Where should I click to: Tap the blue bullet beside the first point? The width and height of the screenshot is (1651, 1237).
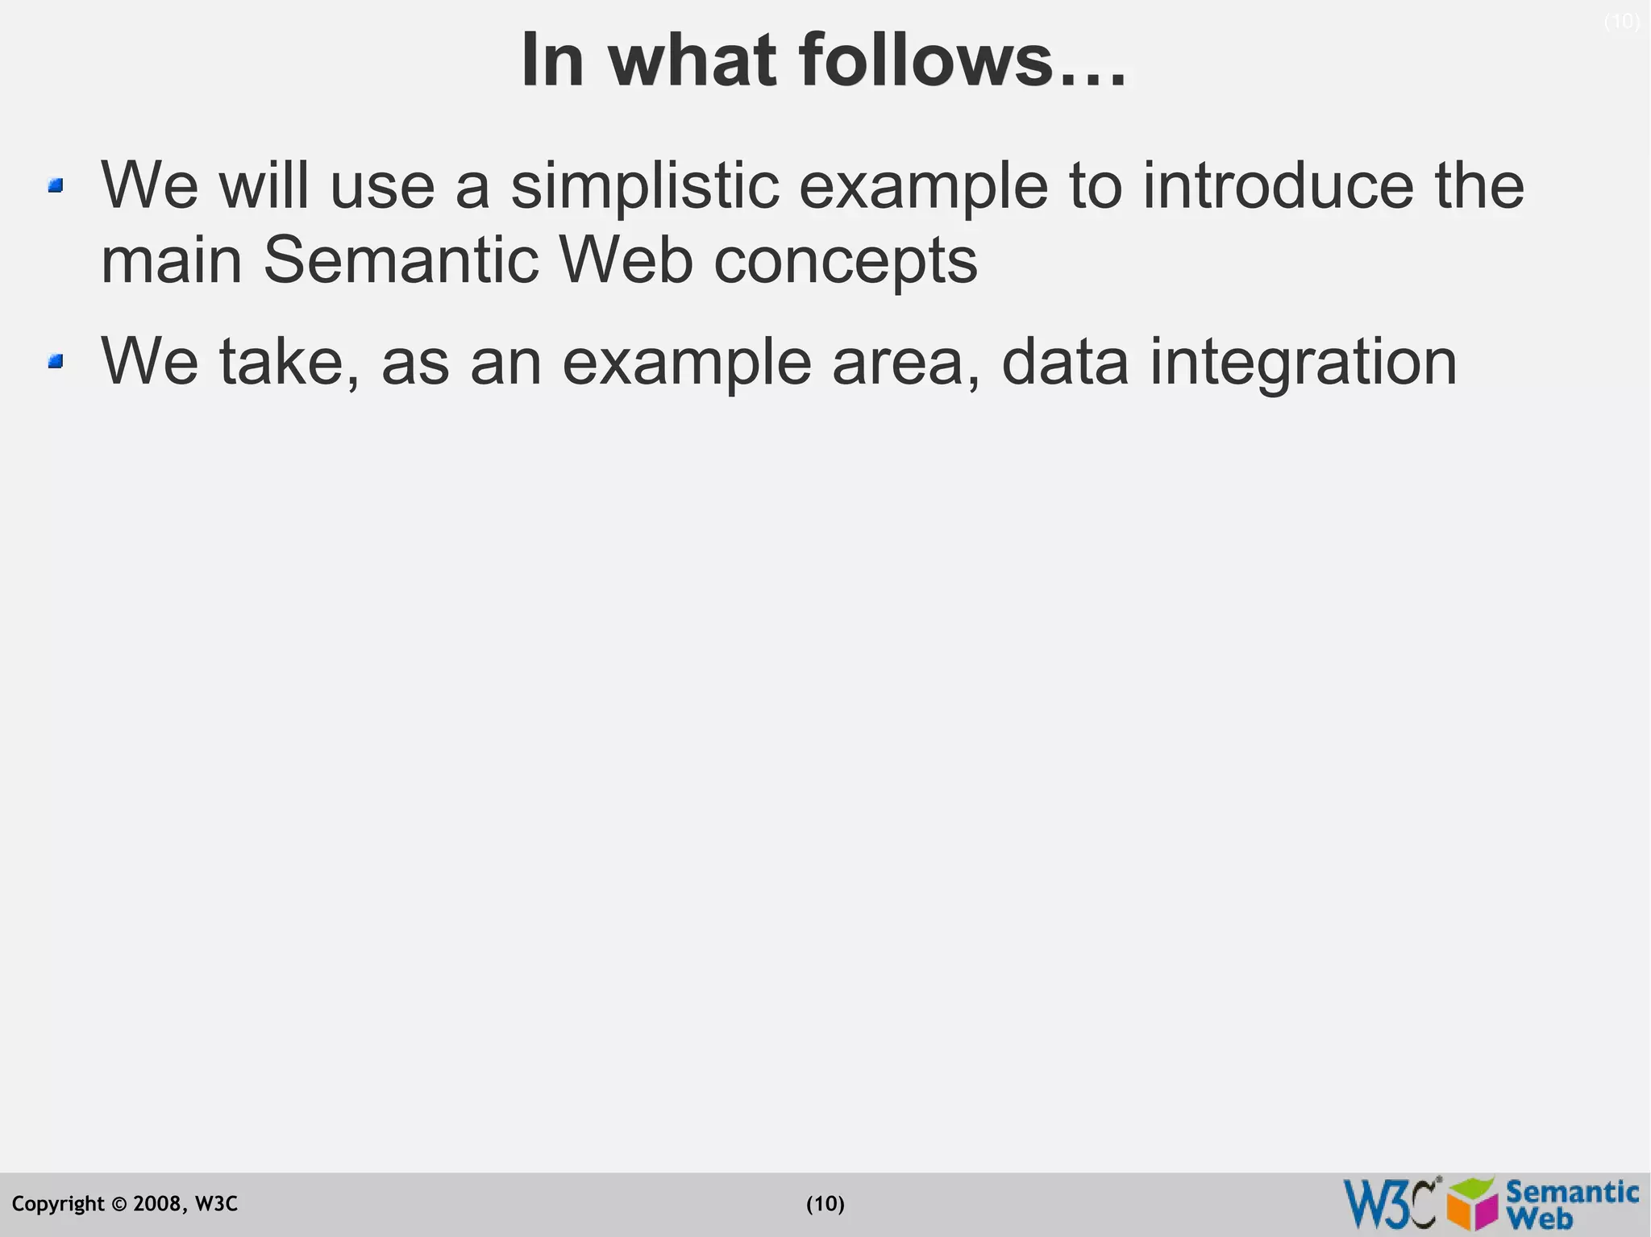(56, 186)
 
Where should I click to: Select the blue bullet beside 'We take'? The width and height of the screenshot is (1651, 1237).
(56, 362)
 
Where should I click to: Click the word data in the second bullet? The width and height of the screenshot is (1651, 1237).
(1065, 362)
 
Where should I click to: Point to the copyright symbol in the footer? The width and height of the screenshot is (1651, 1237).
(119, 1205)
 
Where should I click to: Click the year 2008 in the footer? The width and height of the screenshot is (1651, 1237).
(157, 1204)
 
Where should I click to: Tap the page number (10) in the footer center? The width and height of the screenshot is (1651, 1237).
(825, 1204)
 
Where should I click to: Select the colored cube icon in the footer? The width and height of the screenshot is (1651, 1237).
(1472, 1203)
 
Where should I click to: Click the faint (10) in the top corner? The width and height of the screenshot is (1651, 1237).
(1622, 22)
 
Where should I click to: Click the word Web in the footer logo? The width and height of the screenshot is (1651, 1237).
(1543, 1218)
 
